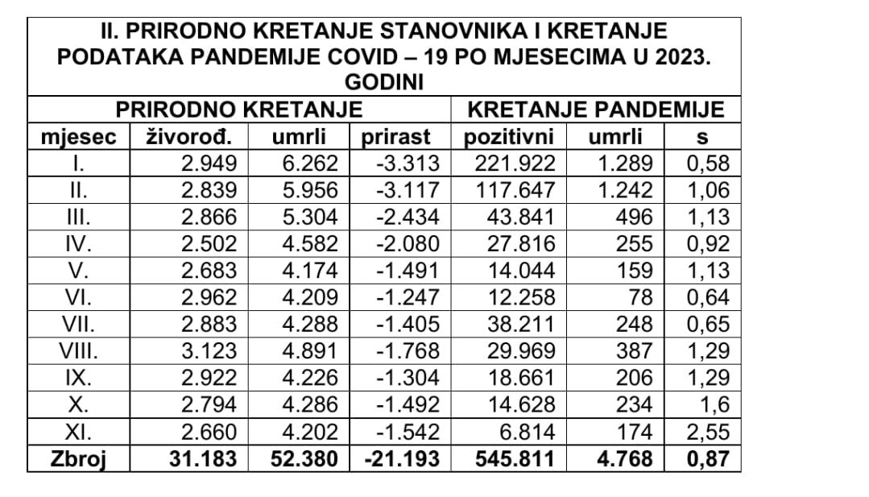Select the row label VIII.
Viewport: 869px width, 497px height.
pos(78,351)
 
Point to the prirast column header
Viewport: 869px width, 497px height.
pos(395,137)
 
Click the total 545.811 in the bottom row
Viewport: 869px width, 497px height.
pos(515,460)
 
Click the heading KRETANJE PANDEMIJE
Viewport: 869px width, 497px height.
pos(596,110)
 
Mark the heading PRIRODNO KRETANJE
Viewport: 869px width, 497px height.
pos(238,110)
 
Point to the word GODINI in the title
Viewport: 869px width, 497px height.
pos(384,82)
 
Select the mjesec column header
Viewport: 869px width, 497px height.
pos(78,137)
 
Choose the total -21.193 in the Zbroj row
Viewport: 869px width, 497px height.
pos(403,460)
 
